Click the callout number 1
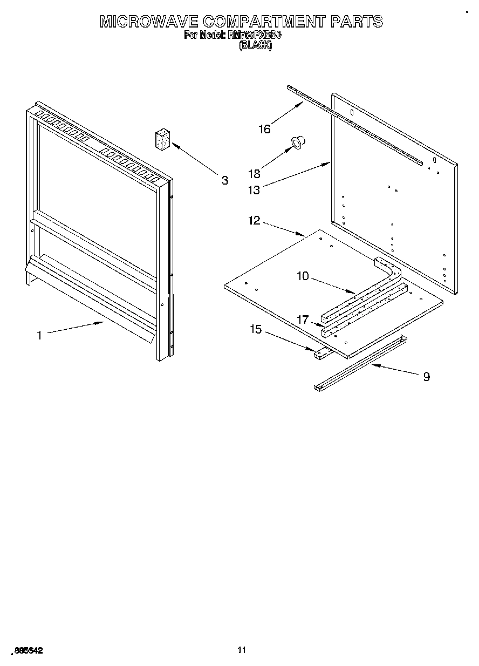tap(39, 335)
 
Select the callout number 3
tap(225, 180)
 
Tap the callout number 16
tap(264, 129)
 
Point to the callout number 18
tap(254, 174)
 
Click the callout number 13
tap(254, 189)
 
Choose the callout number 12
tap(254, 220)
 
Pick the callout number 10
tap(303, 276)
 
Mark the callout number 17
tap(303, 320)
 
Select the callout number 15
tap(255, 329)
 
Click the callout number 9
tap(426, 377)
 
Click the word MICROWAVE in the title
tap(148, 22)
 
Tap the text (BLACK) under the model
tap(255, 46)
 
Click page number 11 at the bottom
tap(242, 650)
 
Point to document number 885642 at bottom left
tap(26, 651)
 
